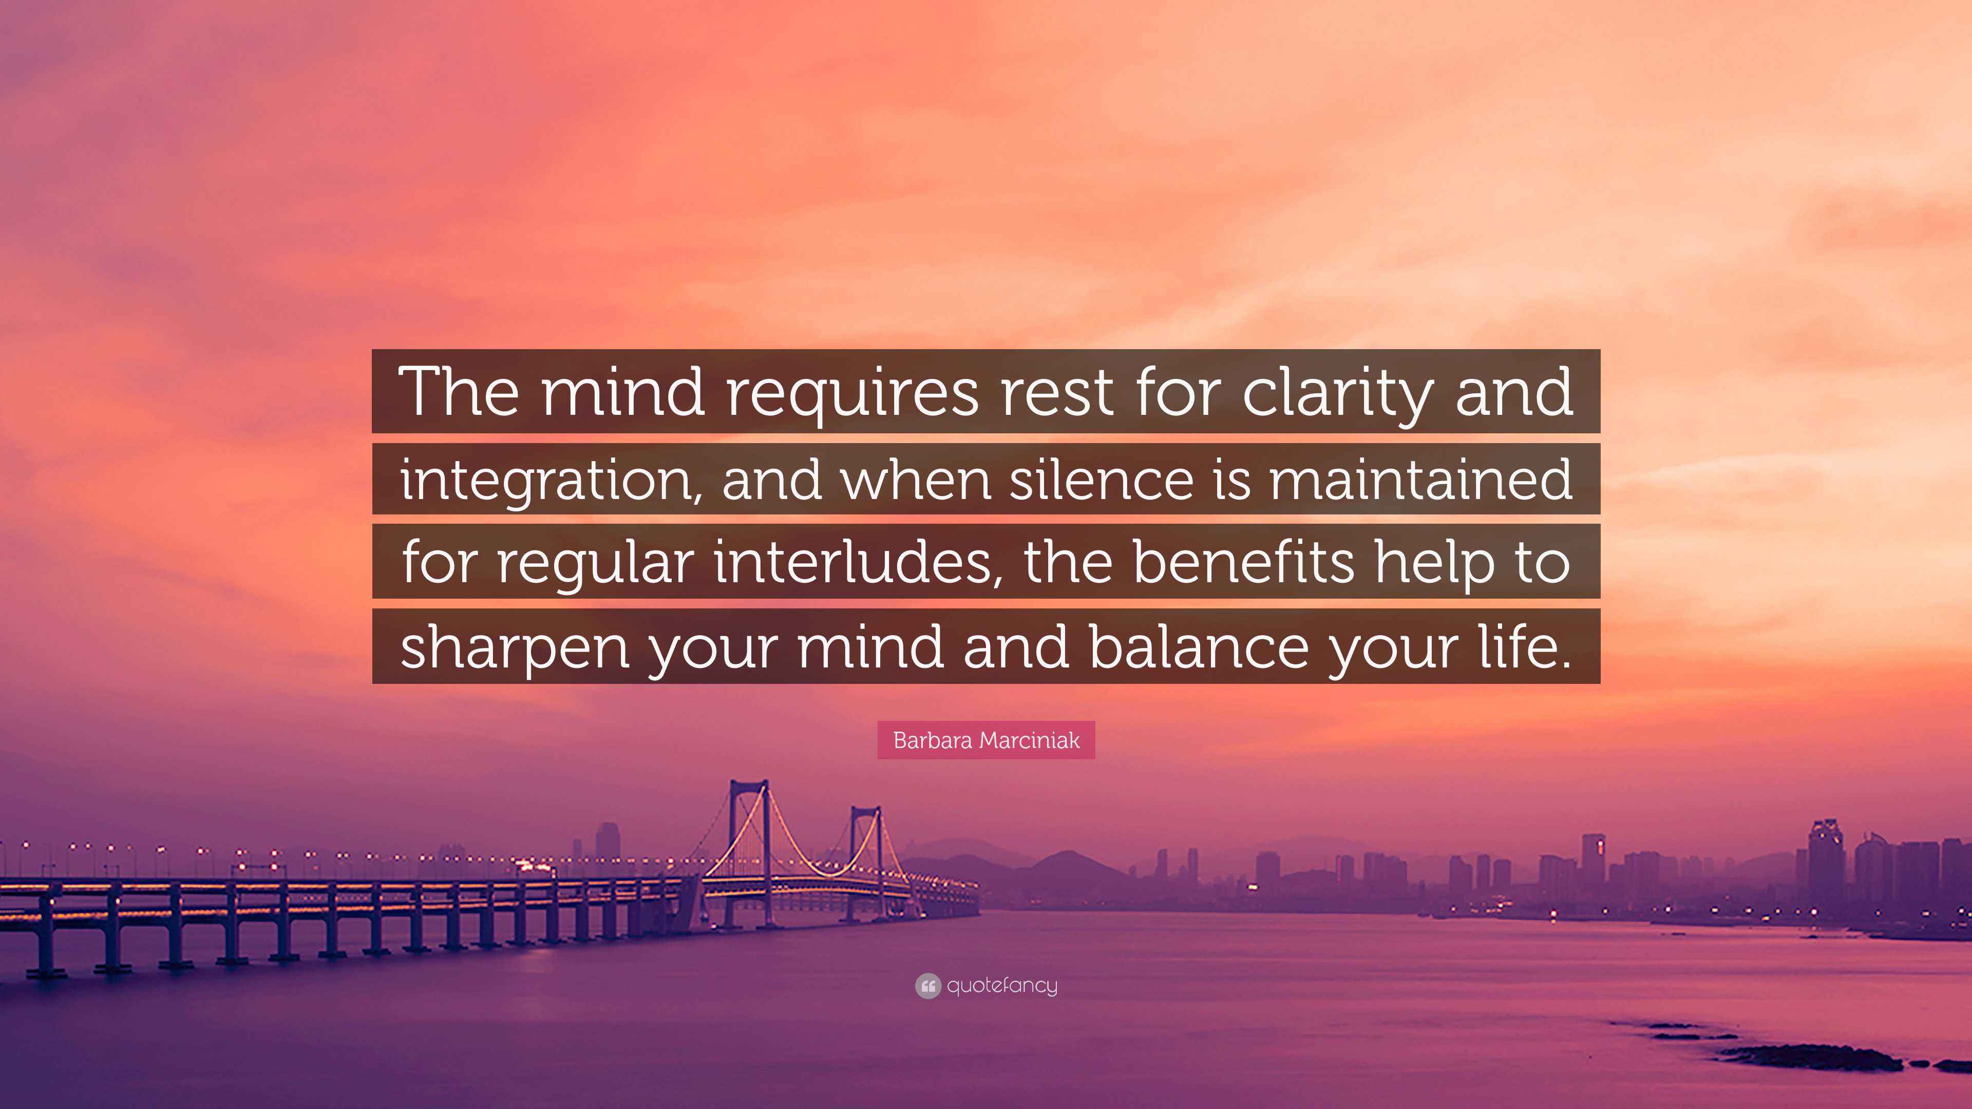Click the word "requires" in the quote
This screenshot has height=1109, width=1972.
(851, 395)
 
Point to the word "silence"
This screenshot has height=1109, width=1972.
(1101, 479)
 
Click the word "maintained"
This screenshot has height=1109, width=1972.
(1421, 479)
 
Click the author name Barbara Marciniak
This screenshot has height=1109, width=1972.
(986, 740)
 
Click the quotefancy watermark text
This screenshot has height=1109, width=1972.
(1002, 986)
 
